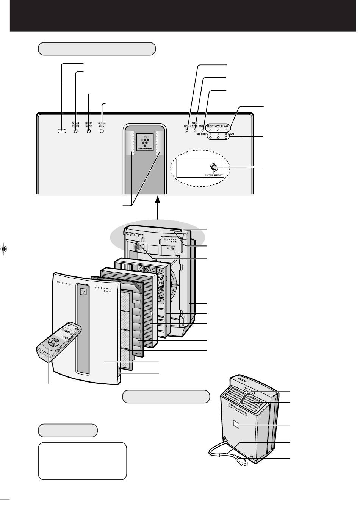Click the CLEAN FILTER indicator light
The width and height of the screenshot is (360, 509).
click(75, 131)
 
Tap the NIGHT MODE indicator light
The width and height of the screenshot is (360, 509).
click(89, 131)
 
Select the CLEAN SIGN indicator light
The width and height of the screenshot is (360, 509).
click(102, 131)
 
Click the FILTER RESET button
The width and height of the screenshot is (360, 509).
click(214, 167)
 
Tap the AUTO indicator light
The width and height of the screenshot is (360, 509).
click(187, 131)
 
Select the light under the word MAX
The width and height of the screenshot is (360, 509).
click(226, 130)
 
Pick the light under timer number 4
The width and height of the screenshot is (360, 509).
click(218, 138)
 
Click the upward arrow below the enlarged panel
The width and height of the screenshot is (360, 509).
click(157, 206)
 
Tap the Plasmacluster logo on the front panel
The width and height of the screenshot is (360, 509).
click(83, 291)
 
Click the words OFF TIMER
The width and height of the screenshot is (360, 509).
click(201, 134)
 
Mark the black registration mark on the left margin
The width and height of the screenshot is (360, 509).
click(4, 249)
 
